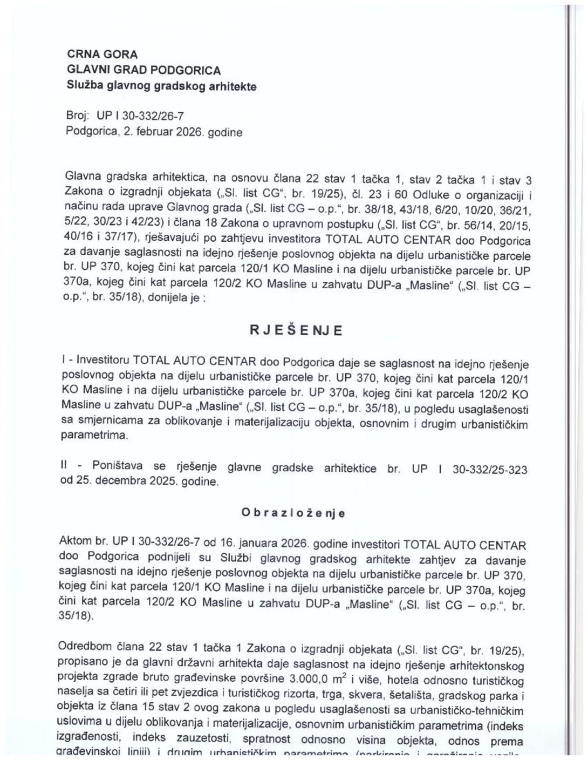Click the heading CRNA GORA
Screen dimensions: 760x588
[x=102, y=55]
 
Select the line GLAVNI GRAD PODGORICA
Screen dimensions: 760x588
[x=143, y=70]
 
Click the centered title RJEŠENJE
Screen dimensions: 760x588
[x=295, y=330]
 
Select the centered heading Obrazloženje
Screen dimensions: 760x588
[x=294, y=513]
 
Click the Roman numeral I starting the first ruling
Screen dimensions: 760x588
[x=64, y=361]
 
